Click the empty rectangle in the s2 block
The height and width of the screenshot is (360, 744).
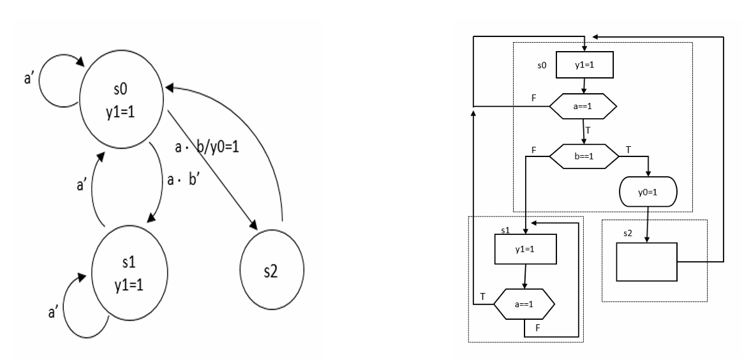click(646, 262)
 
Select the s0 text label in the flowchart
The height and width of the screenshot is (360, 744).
click(542, 66)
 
